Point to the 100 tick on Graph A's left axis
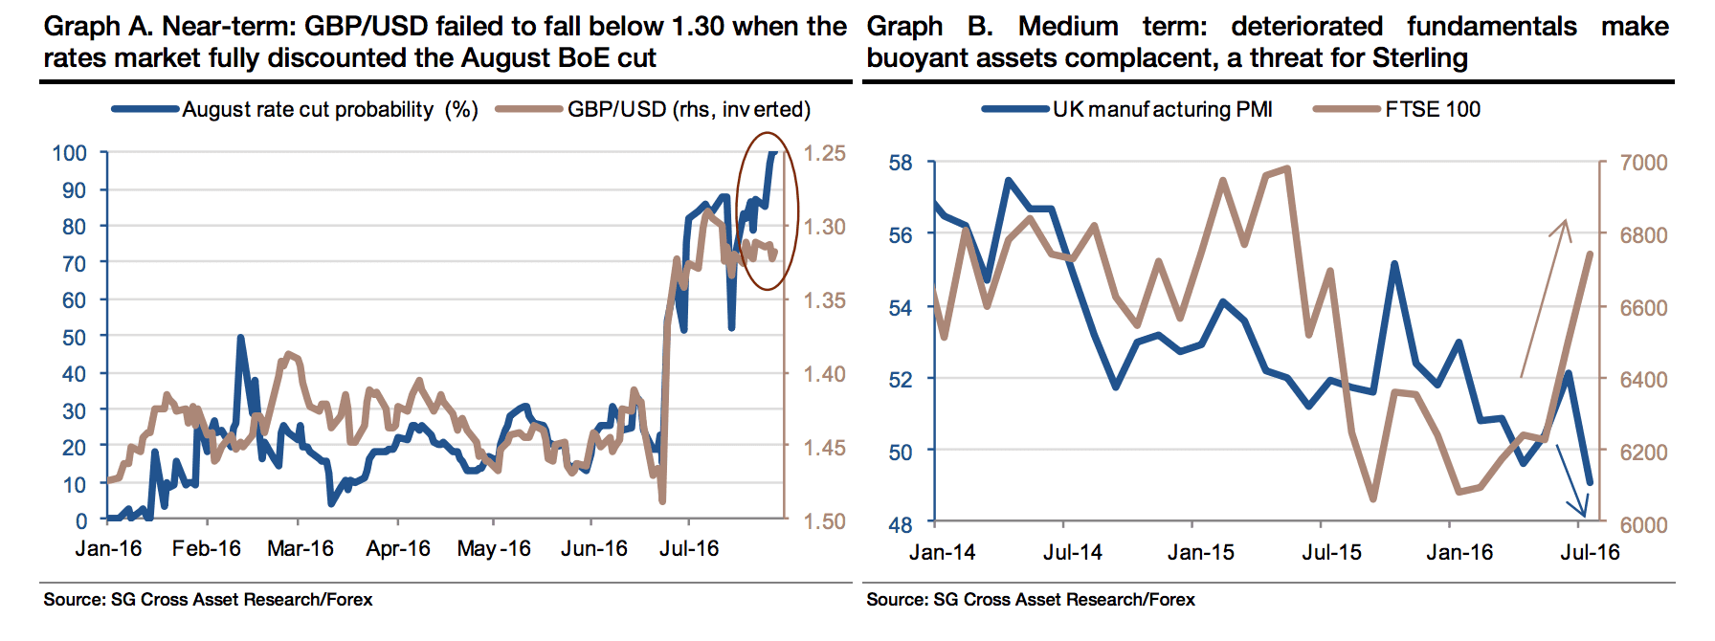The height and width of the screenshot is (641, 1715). pos(69,153)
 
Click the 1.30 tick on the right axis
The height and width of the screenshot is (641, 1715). pos(824,227)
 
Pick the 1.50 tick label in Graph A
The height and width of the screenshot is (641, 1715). pos(824,521)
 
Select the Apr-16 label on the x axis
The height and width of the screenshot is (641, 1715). pos(398,549)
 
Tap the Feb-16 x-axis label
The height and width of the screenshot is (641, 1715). pos(207,549)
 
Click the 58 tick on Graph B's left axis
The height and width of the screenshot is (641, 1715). pos(901,163)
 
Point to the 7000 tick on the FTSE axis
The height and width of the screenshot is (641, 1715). pos(1642,163)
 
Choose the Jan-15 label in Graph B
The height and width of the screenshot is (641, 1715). pos(1200,553)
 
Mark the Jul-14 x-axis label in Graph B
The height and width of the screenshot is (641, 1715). pos(1072,553)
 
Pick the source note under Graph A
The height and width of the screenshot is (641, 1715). pos(208,600)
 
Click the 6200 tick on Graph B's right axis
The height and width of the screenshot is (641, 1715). pos(1642,452)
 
